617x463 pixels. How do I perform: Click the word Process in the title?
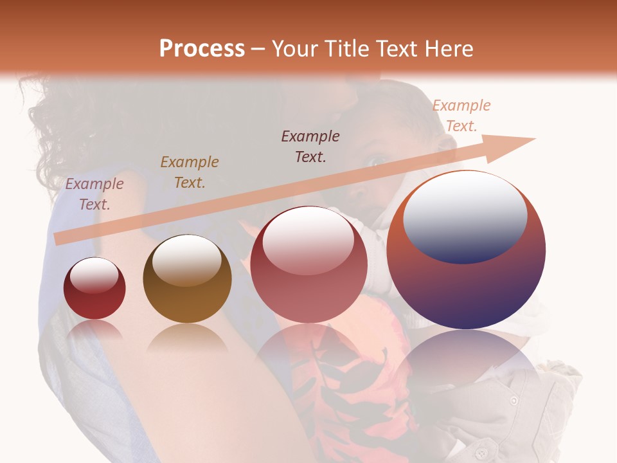click(202, 49)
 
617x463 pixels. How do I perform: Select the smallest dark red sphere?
click(94, 289)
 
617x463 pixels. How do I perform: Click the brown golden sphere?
click(187, 279)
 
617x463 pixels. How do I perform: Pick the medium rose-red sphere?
click(308, 264)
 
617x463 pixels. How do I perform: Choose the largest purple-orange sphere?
click(466, 250)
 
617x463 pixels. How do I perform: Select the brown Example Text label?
click(190, 172)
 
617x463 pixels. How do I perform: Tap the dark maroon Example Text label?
click(310, 146)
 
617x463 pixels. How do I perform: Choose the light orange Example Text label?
click(461, 116)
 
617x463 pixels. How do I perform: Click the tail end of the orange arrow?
click(58, 239)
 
